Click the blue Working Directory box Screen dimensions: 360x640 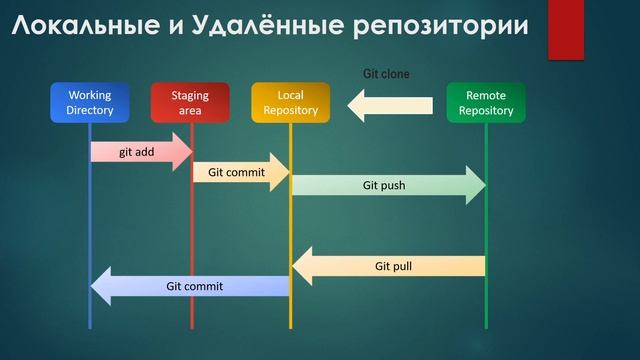point(90,103)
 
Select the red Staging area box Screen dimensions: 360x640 point(190,103)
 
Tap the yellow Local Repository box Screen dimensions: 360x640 point(290,103)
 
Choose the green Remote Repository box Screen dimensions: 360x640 point(485,103)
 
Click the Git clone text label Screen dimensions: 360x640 point(385,73)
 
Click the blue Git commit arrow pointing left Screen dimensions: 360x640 point(190,287)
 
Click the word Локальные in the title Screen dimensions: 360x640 point(88,27)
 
